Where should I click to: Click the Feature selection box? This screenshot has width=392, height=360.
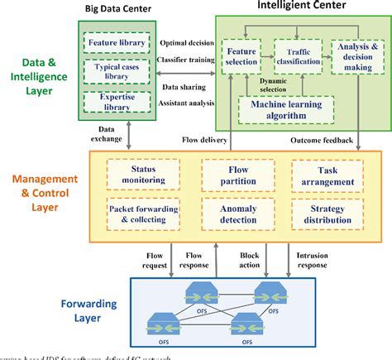[241, 56]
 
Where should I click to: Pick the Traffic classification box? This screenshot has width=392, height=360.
[296, 56]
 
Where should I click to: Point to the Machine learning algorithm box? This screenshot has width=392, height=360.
[285, 109]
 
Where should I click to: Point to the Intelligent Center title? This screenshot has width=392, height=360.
[291, 6]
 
